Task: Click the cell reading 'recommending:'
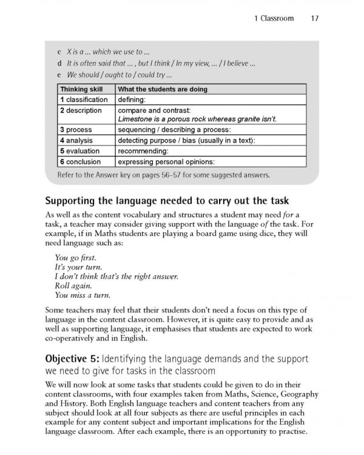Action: (143, 150)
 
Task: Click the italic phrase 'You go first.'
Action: (75, 257)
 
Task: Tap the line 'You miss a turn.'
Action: (82, 295)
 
